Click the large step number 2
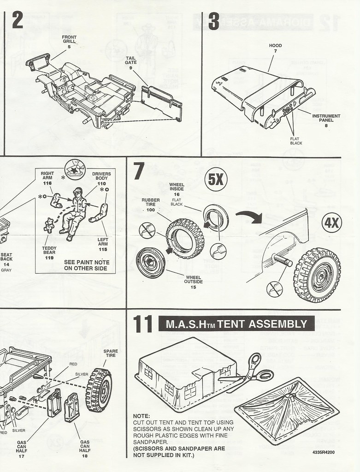coord(18,21)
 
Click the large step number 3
coord(214,21)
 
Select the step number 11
coord(142,324)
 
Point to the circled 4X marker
coord(332,223)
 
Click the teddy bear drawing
coord(49,225)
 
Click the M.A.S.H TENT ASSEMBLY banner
coord(236,323)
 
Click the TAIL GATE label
coord(131,62)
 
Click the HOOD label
coord(276,48)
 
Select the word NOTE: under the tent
coord(141,416)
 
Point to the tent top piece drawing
coord(286,406)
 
